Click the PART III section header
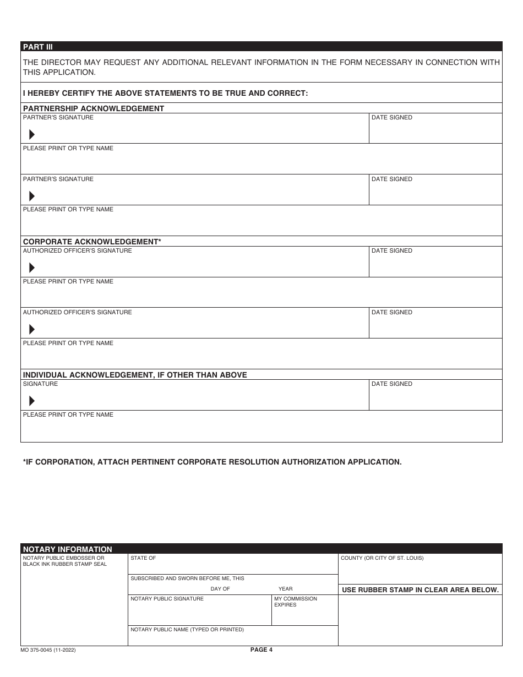coord(38,47)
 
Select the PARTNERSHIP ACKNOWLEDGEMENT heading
coord(94,108)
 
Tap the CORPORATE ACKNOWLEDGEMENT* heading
coord(92,242)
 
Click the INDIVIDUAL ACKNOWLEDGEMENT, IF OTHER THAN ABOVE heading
coord(135,375)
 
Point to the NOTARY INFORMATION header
coord(67,549)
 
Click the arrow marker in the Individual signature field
coord(32,401)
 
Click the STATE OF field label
coord(143,558)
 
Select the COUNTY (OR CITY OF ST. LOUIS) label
coord(382,558)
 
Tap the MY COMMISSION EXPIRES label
coord(296,602)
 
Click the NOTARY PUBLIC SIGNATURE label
coord(167,599)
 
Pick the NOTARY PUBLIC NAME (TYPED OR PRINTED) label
coord(187,630)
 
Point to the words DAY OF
coord(220,589)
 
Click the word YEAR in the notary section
coord(286,589)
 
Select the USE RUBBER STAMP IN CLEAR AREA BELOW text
coord(420,589)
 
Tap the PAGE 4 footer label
coord(261,649)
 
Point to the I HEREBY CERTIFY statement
coord(165,93)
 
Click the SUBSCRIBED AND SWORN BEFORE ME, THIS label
coord(187,578)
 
